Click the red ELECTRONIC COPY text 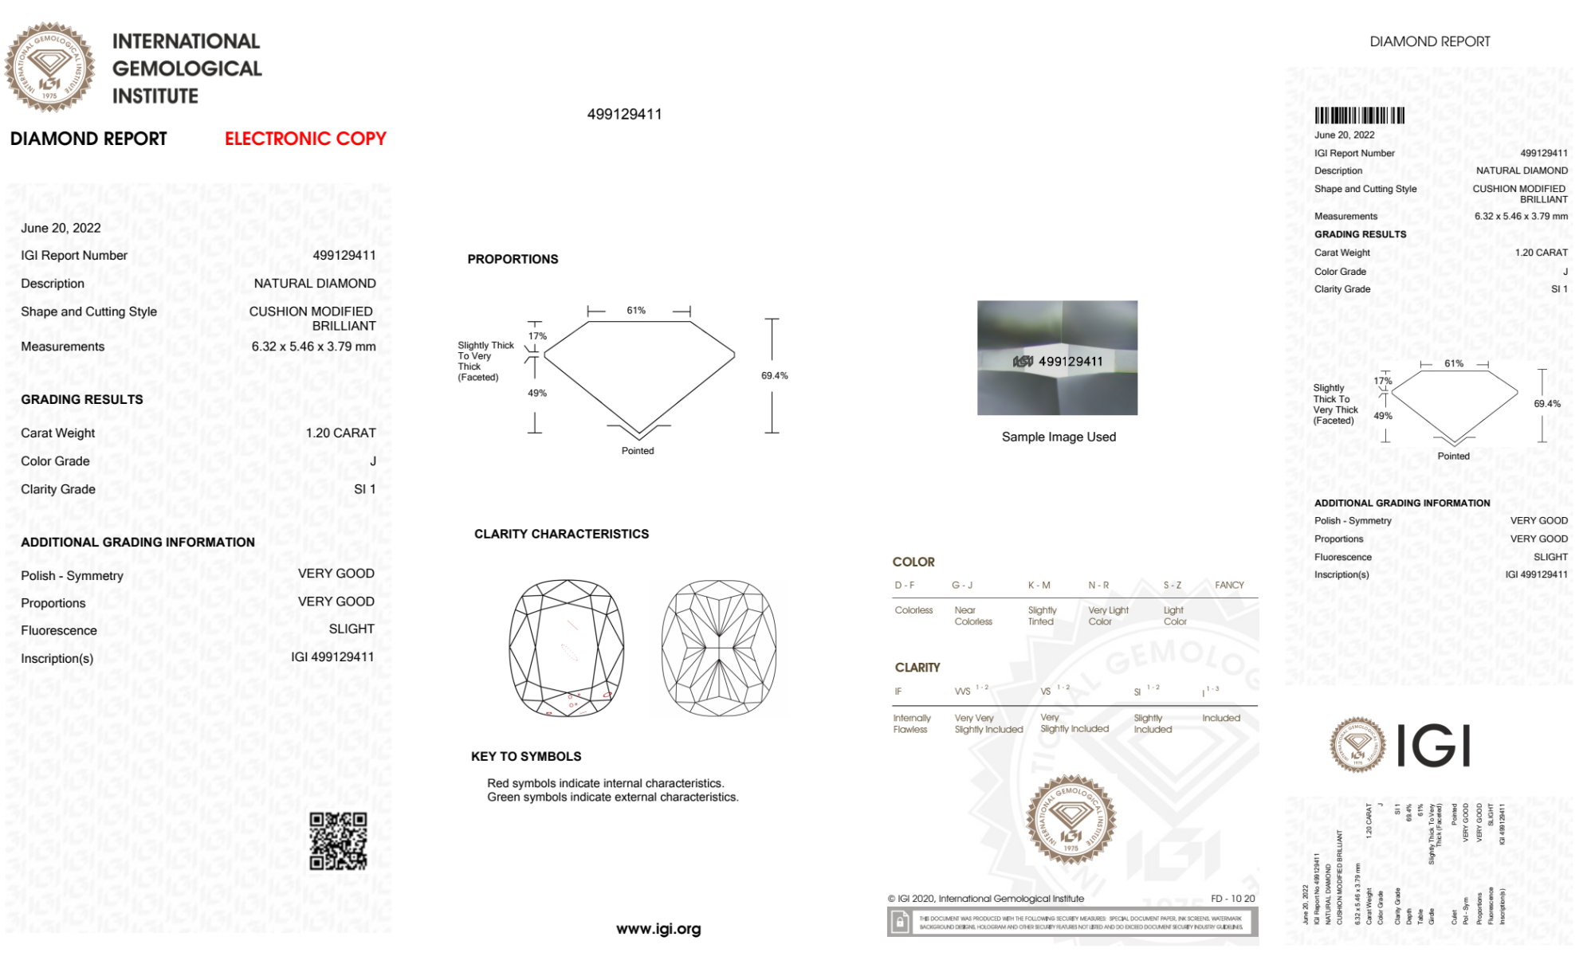(x=305, y=139)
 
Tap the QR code (x=338, y=841)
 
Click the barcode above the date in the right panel (x=1359, y=115)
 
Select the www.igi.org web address (x=658, y=929)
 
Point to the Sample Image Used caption (x=1059, y=437)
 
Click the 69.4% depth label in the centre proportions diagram (x=774, y=375)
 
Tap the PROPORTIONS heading (x=513, y=259)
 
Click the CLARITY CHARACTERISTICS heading (x=561, y=534)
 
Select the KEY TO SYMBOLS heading (x=526, y=756)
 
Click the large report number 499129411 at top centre (x=624, y=114)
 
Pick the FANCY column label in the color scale (x=1229, y=585)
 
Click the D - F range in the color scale (x=905, y=585)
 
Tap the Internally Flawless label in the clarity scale (x=911, y=723)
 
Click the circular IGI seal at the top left (x=49, y=67)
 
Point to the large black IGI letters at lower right (x=1433, y=746)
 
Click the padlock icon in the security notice (x=900, y=923)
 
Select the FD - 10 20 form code (x=1232, y=899)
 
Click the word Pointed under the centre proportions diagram (x=638, y=451)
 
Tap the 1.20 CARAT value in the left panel (x=340, y=433)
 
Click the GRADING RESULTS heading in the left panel (x=82, y=399)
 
